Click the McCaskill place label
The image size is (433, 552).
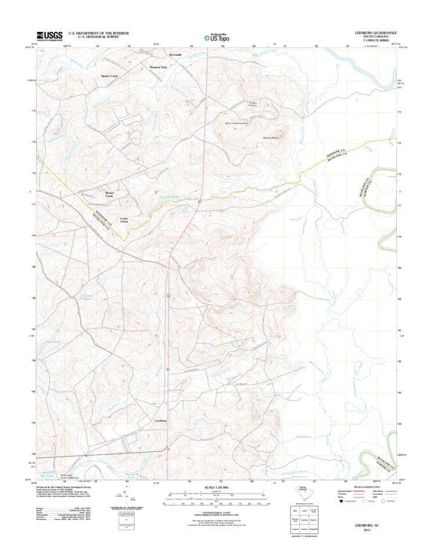pos(175,55)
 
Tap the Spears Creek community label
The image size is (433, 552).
pos(109,76)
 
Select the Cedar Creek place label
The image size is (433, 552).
pos(124,219)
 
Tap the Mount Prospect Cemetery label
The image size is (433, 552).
pos(237,123)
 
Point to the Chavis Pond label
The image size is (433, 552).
pos(88,297)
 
